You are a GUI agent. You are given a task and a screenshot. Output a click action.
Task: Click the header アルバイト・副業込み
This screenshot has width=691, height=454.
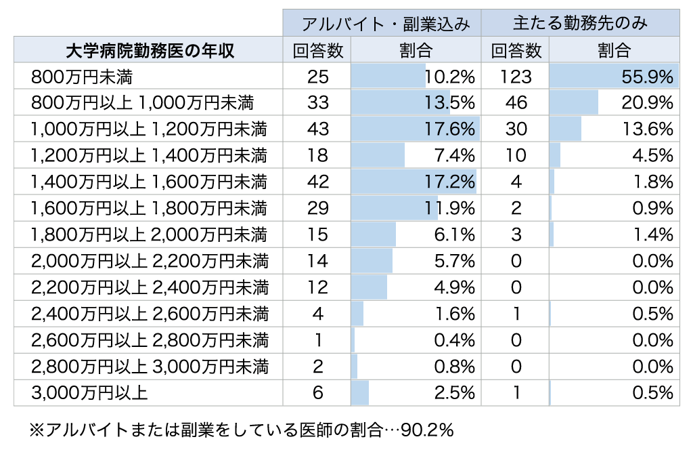tap(382, 24)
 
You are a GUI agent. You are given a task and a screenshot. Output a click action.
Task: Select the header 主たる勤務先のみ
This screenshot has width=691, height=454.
tap(580, 24)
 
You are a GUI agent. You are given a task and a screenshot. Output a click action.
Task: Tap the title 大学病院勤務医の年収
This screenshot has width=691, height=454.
tap(150, 51)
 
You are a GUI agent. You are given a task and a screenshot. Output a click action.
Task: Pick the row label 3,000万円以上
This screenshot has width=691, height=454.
tap(90, 392)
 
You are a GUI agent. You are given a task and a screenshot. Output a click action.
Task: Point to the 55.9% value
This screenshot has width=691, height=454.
tap(648, 77)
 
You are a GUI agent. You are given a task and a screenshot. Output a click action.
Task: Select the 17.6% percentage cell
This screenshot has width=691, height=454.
tap(450, 129)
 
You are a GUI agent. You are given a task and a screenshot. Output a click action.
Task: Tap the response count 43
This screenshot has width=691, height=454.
tap(317, 129)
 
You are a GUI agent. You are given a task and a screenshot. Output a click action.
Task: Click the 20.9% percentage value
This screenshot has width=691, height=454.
tap(648, 103)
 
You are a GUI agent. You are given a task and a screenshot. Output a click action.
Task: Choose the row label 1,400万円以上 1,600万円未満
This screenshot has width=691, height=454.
tap(149, 182)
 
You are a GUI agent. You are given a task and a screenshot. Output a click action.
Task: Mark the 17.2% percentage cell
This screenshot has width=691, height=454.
tap(450, 182)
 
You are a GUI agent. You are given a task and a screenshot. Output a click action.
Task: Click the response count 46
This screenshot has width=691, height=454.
tap(516, 103)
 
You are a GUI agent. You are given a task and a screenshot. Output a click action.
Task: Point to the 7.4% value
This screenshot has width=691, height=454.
tap(455, 156)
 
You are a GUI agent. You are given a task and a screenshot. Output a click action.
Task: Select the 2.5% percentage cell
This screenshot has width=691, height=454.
tap(455, 392)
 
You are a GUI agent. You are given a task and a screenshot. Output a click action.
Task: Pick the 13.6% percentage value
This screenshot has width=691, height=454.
tap(648, 129)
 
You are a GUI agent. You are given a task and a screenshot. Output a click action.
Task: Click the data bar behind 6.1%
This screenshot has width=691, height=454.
tap(374, 234)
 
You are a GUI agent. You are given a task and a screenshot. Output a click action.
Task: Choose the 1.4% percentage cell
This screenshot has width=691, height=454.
tap(652, 234)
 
